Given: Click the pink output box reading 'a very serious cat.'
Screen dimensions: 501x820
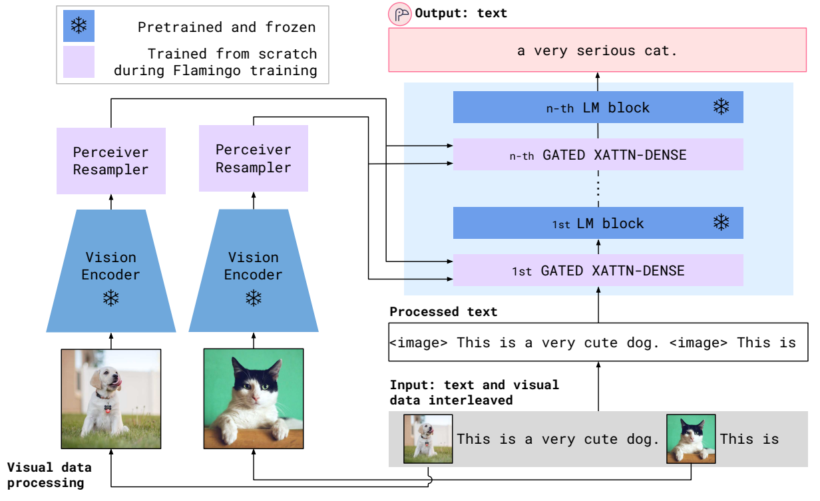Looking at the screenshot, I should pyautogui.click(x=597, y=50).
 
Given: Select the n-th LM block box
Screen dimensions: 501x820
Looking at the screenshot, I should pyautogui.click(x=597, y=107).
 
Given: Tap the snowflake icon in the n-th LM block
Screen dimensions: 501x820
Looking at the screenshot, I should pyautogui.click(x=721, y=106).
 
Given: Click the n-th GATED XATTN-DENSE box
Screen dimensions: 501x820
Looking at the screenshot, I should pyautogui.click(x=597, y=155).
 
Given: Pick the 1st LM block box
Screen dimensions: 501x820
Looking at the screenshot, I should pyautogui.click(x=597, y=223).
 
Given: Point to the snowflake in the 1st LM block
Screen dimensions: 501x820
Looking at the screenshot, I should pyautogui.click(x=721, y=222).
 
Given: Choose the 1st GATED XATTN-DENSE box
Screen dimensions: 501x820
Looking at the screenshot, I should pyautogui.click(x=597, y=271).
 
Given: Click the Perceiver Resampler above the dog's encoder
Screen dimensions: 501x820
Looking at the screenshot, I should pyautogui.click(x=110, y=160).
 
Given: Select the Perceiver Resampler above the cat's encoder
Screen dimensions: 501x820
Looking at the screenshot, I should pyautogui.click(x=253, y=158).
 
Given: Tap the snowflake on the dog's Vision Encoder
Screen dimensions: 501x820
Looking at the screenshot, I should pyautogui.click(x=110, y=299).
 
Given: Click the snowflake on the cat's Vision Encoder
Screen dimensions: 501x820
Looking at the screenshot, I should pyautogui.click(x=253, y=299).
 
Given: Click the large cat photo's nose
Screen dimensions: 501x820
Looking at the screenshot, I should pyautogui.click(x=254, y=399).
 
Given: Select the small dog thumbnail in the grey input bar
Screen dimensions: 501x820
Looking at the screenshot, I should pyautogui.click(x=428, y=438).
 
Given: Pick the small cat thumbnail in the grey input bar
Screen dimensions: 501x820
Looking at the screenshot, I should pyautogui.click(x=691, y=438).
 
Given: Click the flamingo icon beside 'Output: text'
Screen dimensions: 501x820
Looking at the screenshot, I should pyautogui.click(x=401, y=14).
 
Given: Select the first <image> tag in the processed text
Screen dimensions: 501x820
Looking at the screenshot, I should pyautogui.click(x=419, y=343).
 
